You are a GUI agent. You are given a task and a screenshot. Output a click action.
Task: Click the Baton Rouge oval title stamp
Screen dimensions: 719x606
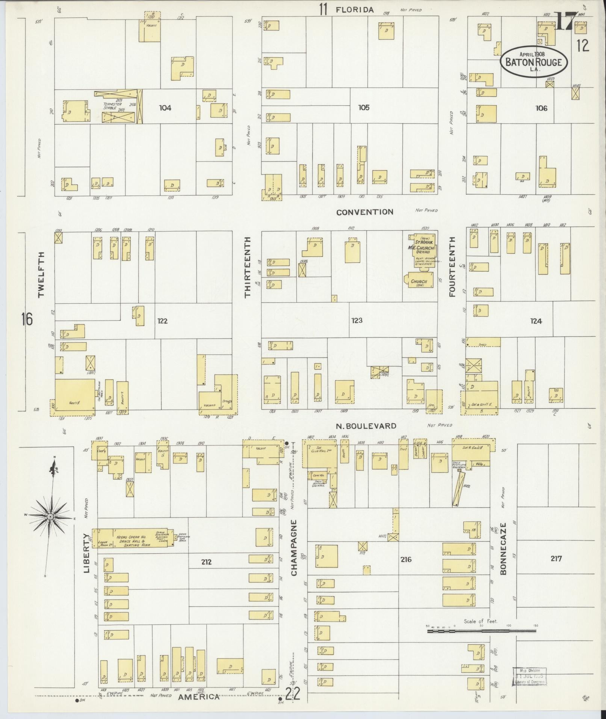[533, 62]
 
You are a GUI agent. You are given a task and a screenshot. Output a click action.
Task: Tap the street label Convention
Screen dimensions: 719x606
[364, 212]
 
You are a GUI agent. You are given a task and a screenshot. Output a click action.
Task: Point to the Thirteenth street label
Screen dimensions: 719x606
[247, 267]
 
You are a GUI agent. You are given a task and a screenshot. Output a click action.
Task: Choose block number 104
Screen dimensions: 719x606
[165, 108]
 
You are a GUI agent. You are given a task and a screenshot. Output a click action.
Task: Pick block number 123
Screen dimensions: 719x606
[357, 320]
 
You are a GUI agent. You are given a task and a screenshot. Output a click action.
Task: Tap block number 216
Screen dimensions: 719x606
[406, 570]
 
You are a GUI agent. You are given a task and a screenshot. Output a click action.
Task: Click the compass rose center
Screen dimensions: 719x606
[50, 517]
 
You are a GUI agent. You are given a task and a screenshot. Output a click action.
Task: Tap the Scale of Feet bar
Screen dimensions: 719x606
[481, 631]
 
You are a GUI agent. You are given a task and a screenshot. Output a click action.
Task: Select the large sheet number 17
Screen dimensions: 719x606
[565, 22]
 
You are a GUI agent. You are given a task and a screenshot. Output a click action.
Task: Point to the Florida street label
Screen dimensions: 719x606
[355, 10]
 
